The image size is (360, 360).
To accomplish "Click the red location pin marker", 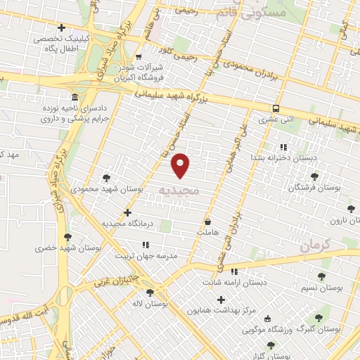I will pos(181,165).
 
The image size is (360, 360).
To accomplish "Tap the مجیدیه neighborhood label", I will pos(179,191).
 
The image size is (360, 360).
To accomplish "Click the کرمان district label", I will pos(314,245).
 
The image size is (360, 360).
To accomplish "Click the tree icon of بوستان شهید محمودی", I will pos(106,178).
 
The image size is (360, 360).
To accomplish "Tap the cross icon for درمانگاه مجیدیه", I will pos(127,212).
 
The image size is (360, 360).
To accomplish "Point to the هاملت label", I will pos(208,231).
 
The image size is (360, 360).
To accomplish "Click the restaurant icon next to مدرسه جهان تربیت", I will pos(145,244).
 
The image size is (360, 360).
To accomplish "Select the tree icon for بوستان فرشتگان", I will pos(313,176).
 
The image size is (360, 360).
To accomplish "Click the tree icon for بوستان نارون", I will pos(350,208).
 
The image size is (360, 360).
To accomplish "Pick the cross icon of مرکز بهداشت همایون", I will pos(220,300).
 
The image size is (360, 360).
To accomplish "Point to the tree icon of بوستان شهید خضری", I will pos(67,237).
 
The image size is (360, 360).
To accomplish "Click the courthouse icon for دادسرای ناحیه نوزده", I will pos(75,96).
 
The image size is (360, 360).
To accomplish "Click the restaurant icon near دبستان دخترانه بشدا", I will pos(283,147).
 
